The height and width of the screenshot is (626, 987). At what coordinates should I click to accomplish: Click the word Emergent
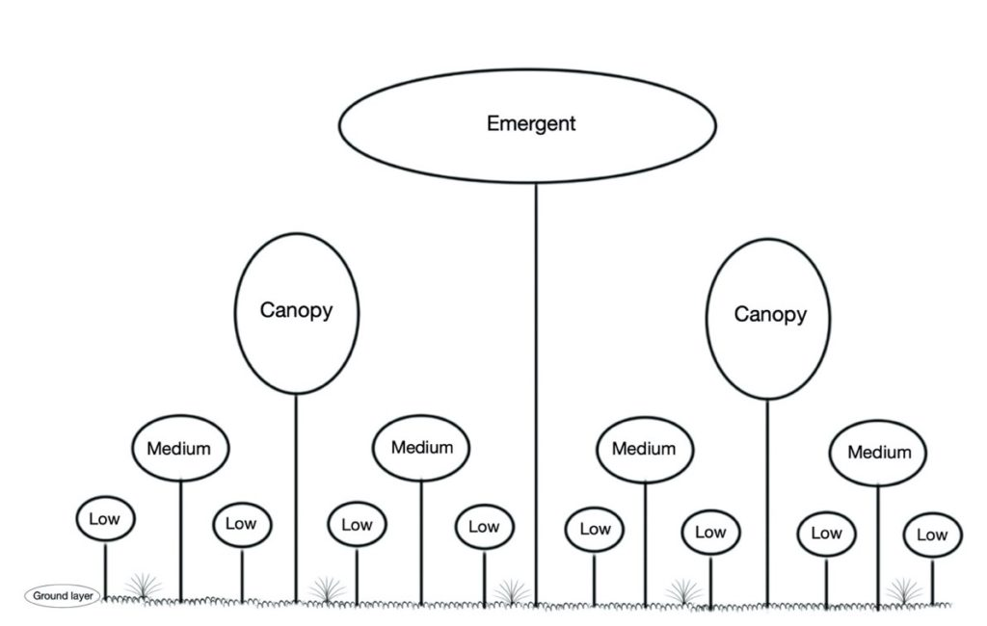click(531, 123)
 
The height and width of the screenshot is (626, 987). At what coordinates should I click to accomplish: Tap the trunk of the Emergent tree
click(536, 395)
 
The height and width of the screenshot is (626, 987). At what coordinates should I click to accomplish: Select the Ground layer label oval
click(63, 596)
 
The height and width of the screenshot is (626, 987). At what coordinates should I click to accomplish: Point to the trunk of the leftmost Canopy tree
click(296, 498)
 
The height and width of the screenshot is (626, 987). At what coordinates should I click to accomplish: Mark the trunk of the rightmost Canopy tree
click(767, 504)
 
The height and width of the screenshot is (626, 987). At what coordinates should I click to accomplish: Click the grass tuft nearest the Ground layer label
click(143, 586)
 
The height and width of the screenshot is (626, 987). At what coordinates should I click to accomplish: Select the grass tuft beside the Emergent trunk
click(511, 592)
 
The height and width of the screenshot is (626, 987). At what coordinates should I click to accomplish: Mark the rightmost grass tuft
click(904, 591)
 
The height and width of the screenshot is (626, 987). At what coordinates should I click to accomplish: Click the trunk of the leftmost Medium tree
click(180, 541)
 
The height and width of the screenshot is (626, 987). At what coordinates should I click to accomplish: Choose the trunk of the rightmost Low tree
click(933, 582)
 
